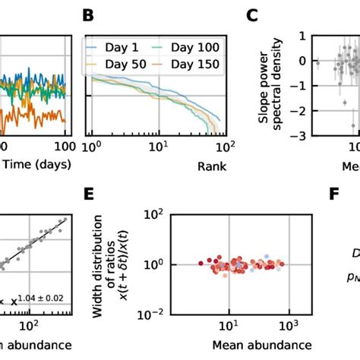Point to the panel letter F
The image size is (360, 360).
click(333, 195)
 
